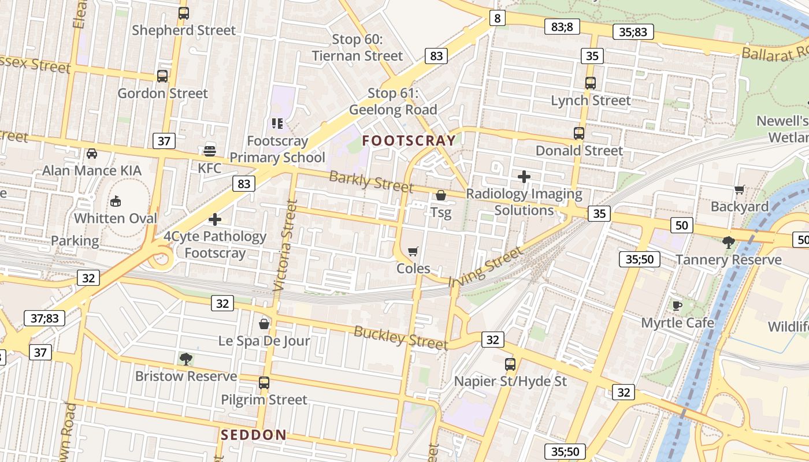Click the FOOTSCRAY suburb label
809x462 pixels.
409,140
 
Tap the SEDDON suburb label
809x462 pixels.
253,435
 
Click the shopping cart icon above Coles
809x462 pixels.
413,251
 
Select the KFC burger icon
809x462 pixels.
210,151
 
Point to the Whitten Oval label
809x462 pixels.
116,218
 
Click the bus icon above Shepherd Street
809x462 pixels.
184,13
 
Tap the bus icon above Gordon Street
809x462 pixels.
162,76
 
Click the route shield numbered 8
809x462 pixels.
497,18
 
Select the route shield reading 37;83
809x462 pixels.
45,318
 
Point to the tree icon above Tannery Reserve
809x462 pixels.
729,242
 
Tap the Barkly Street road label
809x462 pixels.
371,182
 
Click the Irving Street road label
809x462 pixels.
486,266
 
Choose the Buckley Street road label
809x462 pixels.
400,338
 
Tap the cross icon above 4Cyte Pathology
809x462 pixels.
215,219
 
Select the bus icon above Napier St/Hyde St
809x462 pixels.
510,364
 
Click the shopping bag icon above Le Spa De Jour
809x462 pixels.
264,323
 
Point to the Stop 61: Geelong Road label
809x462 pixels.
393,102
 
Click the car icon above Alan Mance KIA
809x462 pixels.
91,154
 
